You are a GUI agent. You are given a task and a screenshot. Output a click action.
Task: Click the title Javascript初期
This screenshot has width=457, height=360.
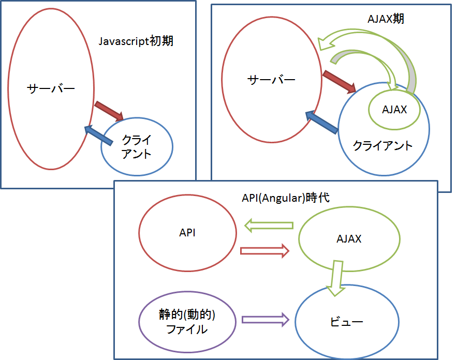coord(136,41)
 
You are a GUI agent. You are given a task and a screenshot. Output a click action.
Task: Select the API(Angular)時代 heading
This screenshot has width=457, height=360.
coord(285,198)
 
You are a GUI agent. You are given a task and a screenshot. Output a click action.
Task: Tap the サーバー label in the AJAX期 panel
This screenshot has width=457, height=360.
coord(272,80)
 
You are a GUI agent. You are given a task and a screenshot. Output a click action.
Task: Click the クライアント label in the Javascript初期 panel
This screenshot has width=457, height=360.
coord(137,146)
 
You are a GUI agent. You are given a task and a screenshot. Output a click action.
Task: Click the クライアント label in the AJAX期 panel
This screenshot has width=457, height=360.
coord(383,146)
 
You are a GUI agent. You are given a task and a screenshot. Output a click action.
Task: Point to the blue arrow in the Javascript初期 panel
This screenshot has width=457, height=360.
coord(99,134)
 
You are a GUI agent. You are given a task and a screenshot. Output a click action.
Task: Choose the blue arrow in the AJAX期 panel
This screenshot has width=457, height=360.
coord(321,123)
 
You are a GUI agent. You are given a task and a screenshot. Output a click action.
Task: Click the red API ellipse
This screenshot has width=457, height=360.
coord(187,233)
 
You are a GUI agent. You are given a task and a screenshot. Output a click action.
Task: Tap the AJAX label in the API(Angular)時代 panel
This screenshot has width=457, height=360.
coord(348,239)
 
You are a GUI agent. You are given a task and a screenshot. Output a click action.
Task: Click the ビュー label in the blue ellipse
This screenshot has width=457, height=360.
coord(347,322)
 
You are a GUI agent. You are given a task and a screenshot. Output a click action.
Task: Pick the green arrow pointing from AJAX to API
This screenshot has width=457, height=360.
coord(269,226)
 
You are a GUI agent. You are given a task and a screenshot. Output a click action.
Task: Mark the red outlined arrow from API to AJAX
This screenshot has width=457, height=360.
coord(264,251)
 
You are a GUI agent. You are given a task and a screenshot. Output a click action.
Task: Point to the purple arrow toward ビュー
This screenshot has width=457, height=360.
coord(264,319)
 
